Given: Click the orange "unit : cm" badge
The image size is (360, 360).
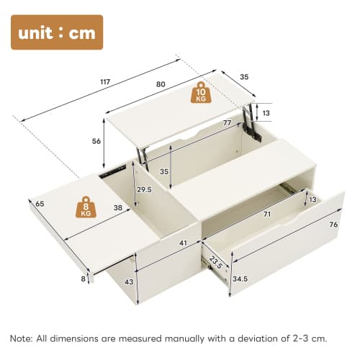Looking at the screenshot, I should pos(57,32).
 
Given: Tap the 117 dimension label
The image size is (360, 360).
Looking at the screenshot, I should pos(106,82).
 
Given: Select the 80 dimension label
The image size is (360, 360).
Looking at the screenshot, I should pos(161,84).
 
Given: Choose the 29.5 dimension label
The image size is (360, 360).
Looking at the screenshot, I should pos(145,189).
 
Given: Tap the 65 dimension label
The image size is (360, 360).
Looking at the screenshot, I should pos(40,204).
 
